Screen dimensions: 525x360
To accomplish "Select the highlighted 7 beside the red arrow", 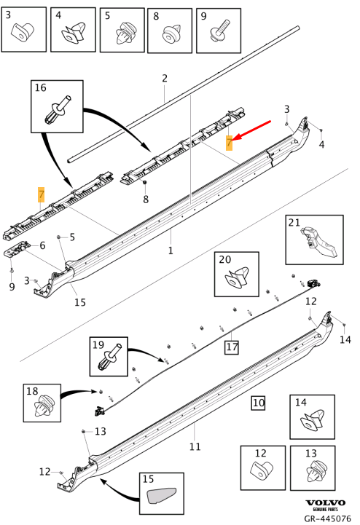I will tap(229, 142).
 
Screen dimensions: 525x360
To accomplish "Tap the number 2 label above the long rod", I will tap(165, 79).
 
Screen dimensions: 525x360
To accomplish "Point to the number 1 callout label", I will tap(171, 250).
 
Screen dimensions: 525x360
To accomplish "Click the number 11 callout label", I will tap(195, 446).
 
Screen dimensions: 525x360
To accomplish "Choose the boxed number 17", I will tap(232, 347).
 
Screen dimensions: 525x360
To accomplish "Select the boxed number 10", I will tap(259, 402).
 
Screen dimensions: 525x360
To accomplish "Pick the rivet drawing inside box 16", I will tap(56, 111).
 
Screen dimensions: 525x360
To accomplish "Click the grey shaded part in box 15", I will tap(162, 497).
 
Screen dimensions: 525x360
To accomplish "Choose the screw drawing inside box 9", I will tap(216, 32).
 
